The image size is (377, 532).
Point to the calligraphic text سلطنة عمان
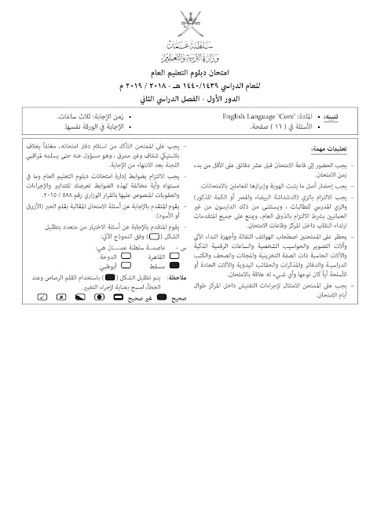(x=188, y=46)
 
